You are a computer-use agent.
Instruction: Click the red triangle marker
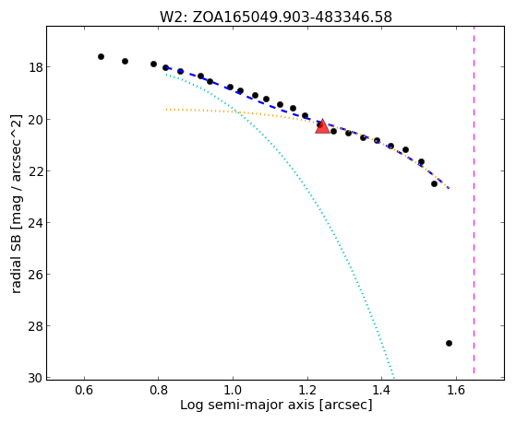pyautogui.click(x=322, y=126)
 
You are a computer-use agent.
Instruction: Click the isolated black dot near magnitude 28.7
pyautogui.click(x=449, y=343)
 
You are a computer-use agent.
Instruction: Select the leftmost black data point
pyautogui.click(x=101, y=56)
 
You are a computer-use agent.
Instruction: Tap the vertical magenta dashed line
pyautogui.click(x=474, y=200)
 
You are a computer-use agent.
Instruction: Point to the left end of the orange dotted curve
pyautogui.click(x=166, y=109)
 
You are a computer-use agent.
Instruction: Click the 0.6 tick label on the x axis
pyautogui.click(x=85, y=390)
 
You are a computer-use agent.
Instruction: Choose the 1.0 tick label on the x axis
pyautogui.click(x=233, y=390)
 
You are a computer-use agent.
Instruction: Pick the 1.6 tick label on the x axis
pyautogui.click(x=456, y=390)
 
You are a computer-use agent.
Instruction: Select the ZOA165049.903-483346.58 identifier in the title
pyautogui.click(x=293, y=18)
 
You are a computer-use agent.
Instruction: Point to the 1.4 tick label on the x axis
pyautogui.click(x=382, y=390)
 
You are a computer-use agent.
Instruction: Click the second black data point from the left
pyautogui.click(x=125, y=61)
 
